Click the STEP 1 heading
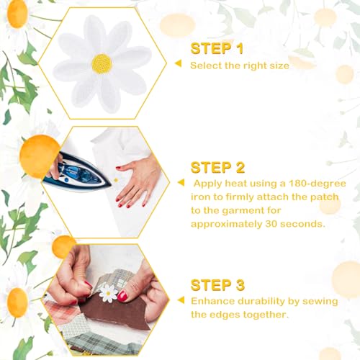point(217,48)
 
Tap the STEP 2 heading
point(217,167)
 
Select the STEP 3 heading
point(217,285)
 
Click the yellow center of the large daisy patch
point(102,63)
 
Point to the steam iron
point(77,172)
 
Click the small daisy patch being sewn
point(108,293)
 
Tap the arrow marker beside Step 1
point(179,63)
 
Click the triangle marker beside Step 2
point(181,182)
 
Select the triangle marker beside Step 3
point(181,300)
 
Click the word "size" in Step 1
point(279,66)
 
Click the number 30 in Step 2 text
point(271,224)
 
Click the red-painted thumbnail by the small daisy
point(122,296)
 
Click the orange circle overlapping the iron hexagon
point(40,156)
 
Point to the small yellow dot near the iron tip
point(116,180)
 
